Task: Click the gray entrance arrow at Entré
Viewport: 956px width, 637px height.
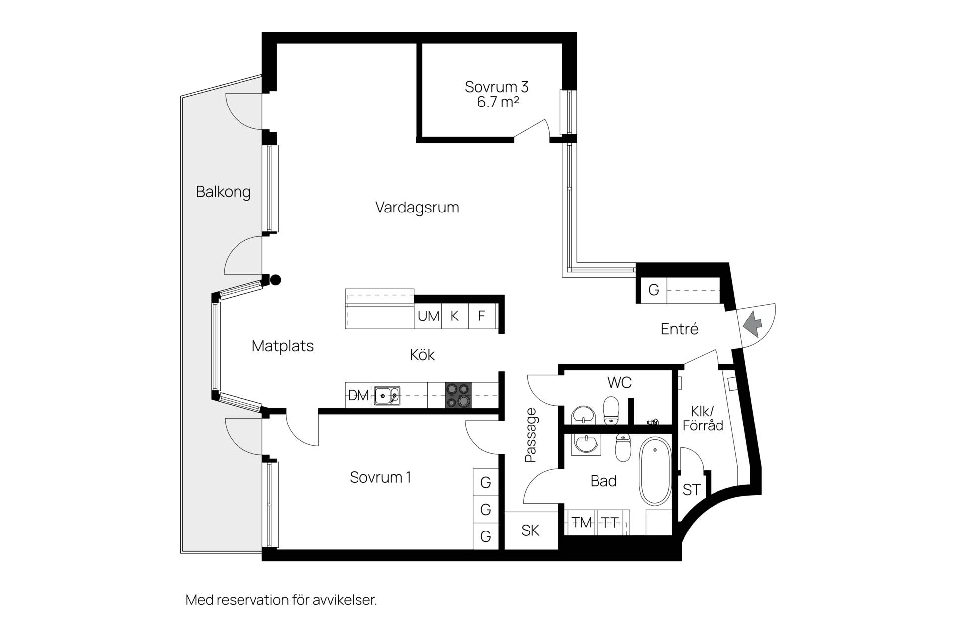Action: point(752,324)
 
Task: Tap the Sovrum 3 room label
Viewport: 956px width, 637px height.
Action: point(496,87)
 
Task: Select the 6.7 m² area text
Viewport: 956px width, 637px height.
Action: point(498,103)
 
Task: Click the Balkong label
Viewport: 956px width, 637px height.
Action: point(223,192)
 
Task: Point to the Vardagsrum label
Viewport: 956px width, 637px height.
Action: point(417,208)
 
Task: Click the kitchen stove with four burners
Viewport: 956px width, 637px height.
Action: point(458,395)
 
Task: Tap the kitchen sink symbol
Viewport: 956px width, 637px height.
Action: point(387,396)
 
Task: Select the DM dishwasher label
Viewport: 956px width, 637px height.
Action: point(358,396)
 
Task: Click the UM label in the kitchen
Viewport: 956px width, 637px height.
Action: point(428,316)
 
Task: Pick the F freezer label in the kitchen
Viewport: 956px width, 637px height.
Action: point(482,316)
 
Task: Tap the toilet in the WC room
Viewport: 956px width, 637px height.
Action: point(611,410)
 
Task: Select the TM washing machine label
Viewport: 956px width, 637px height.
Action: point(582,522)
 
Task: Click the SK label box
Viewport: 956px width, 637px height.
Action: point(531,531)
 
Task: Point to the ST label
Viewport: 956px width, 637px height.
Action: point(691,490)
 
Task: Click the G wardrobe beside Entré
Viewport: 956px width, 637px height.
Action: point(654,290)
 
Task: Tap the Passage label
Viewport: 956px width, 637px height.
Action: point(531,435)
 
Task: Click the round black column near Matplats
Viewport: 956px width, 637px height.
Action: point(275,280)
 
